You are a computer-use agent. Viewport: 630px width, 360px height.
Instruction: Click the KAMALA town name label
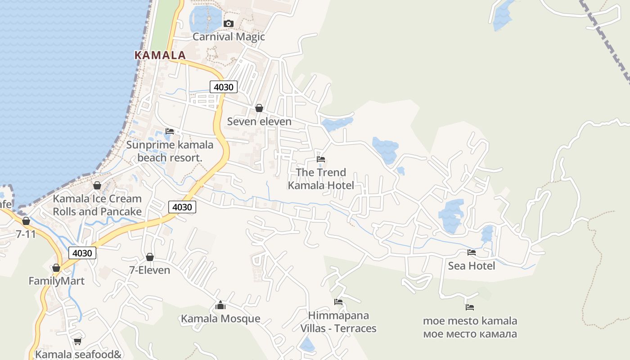coord(160,55)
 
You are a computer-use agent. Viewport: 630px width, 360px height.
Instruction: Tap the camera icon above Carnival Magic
coord(229,23)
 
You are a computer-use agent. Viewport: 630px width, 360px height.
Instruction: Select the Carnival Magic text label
coord(229,37)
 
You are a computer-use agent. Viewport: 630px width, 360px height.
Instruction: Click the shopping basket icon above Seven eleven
coord(259,108)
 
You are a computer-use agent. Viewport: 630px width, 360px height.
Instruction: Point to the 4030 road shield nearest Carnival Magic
coord(223,87)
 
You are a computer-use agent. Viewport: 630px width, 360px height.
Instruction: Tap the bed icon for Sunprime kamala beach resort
coord(169,131)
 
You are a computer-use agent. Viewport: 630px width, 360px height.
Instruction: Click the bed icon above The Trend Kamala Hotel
coord(321,159)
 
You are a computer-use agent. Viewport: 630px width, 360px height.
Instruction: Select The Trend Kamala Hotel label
coord(321,179)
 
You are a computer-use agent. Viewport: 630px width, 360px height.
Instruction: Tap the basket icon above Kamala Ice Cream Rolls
coord(97,185)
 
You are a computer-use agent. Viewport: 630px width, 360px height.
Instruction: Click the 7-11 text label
coord(26,234)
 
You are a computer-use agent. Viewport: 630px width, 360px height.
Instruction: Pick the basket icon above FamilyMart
coord(56,268)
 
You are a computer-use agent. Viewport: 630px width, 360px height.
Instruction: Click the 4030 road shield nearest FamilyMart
coord(82,253)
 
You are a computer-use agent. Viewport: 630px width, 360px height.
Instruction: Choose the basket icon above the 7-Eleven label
coord(150,257)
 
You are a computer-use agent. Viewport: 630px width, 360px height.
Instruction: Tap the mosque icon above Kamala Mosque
coord(220,306)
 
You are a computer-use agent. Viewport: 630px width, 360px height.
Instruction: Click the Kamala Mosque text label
coord(220,319)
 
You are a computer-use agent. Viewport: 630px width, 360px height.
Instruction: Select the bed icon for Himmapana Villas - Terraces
coord(338,302)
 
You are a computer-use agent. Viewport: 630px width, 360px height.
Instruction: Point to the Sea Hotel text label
coord(471,266)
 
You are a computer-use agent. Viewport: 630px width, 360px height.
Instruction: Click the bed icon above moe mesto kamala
coord(470,307)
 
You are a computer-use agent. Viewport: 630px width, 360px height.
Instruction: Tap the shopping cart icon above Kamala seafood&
coord(77,341)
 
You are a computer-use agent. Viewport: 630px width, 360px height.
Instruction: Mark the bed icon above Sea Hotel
coord(471,252)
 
